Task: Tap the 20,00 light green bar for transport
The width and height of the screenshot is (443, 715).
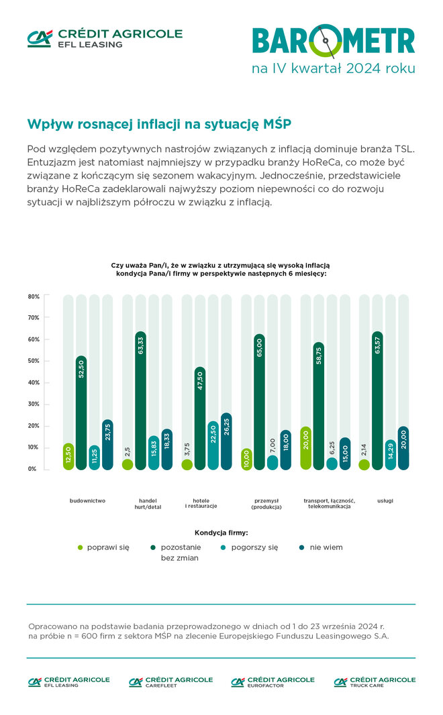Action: pos(306,448)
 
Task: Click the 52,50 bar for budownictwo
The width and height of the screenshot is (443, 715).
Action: pos(81,412)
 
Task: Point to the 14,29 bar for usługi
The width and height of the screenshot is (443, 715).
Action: pos(391,455)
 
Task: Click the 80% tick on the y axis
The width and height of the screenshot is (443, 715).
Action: pos(34,296)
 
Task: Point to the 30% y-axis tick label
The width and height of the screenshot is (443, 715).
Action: pos(34,404)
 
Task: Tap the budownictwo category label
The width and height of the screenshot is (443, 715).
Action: pos(87,500)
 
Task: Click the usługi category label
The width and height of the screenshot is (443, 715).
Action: pos(385,500)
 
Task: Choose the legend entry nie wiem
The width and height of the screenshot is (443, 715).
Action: pos(326,547)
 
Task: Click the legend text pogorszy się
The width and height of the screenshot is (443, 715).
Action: pos(254,547)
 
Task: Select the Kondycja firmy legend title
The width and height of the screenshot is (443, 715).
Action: pos(222,533)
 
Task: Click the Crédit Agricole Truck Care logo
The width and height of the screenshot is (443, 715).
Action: pos(375,681)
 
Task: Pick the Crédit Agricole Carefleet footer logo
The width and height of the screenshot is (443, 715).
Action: pos(170,681)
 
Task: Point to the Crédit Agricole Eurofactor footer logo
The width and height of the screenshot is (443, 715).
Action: pos(273,681)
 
